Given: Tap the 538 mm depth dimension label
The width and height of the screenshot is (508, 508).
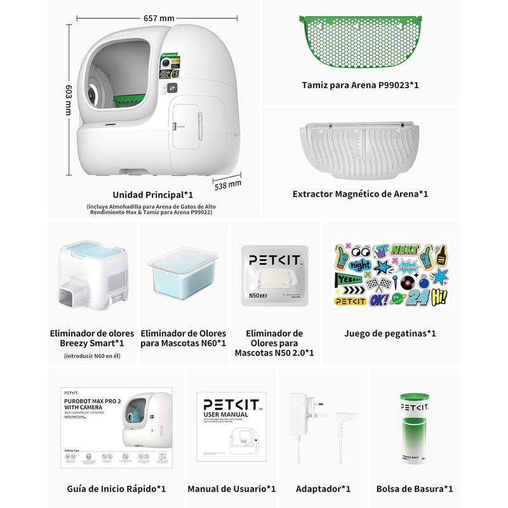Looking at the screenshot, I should click(228, 185).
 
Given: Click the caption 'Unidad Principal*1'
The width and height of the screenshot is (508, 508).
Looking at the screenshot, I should click(152, 195).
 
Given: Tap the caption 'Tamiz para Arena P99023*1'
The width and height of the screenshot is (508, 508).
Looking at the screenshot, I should click(360, 85).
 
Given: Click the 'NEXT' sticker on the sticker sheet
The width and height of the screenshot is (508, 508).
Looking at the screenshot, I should click(405, 250).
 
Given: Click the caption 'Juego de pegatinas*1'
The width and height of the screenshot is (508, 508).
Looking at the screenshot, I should click(390, 333).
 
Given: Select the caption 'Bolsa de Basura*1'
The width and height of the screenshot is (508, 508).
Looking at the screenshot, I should click(414, 489).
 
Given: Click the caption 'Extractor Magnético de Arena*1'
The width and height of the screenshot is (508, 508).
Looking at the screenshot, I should click(360, 194).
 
